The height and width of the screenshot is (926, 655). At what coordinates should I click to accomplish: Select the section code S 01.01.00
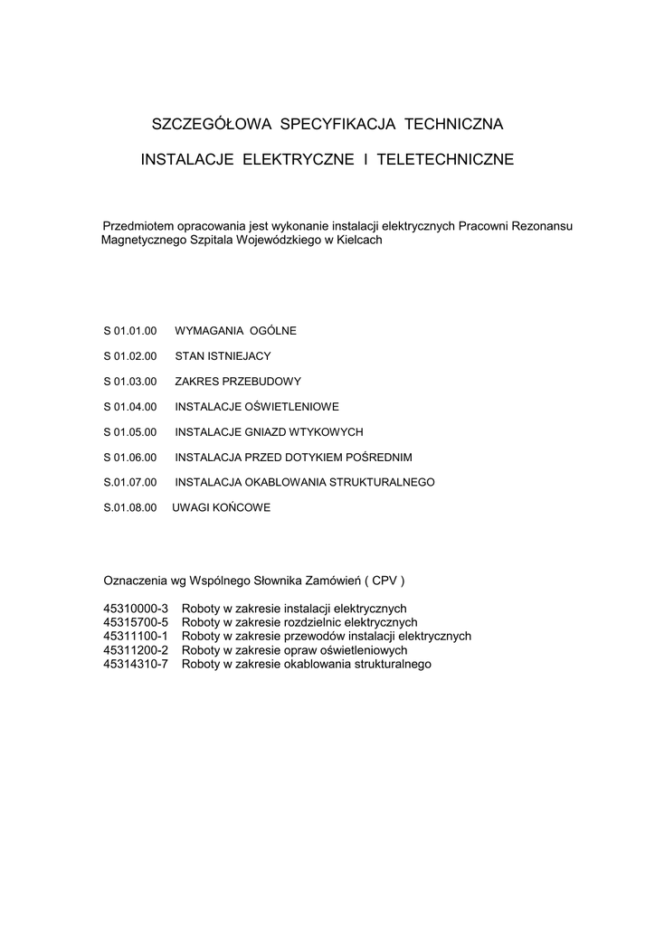click(x=131, y=331)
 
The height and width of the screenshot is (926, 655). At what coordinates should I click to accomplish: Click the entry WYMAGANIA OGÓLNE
click(x=235, y=331)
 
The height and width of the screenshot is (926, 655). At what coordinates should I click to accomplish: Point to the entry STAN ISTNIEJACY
click(x=223, y=356)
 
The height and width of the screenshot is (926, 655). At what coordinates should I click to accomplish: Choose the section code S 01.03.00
click(x=131, y=382)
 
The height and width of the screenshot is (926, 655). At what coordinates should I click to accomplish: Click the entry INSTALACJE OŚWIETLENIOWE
click(x=257, y=407)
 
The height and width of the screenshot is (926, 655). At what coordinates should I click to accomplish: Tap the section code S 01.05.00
click(x=131, y=432)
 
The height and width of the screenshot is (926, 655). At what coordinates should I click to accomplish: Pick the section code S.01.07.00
click(x=131, y=483)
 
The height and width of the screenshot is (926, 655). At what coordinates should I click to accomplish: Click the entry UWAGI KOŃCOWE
click(x=221, y=508)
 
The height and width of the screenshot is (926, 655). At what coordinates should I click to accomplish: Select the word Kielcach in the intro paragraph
click(x=359, y=241)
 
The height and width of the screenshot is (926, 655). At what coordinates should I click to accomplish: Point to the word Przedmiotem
click(x=138, y=225)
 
